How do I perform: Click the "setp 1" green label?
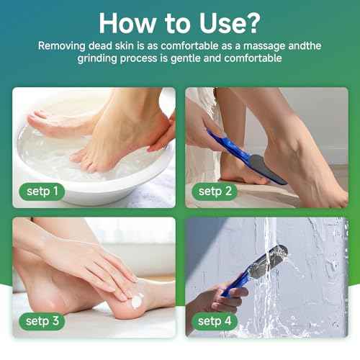40,192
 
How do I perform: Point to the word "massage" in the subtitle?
258,45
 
